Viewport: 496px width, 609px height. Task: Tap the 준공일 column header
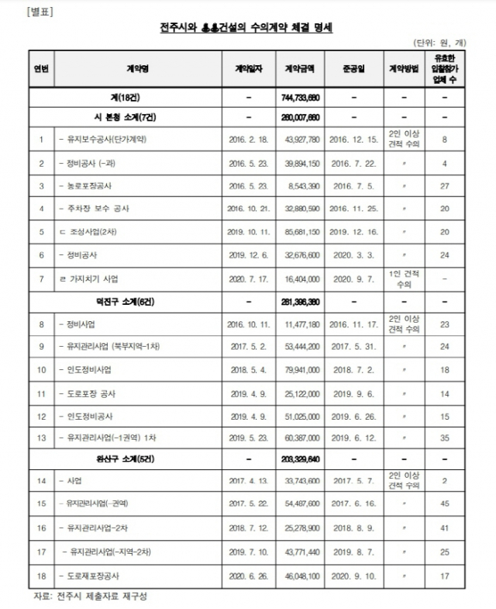[352, 68]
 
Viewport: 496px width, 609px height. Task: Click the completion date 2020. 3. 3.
[352, 254]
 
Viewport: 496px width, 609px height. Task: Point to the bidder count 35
[445, 438]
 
